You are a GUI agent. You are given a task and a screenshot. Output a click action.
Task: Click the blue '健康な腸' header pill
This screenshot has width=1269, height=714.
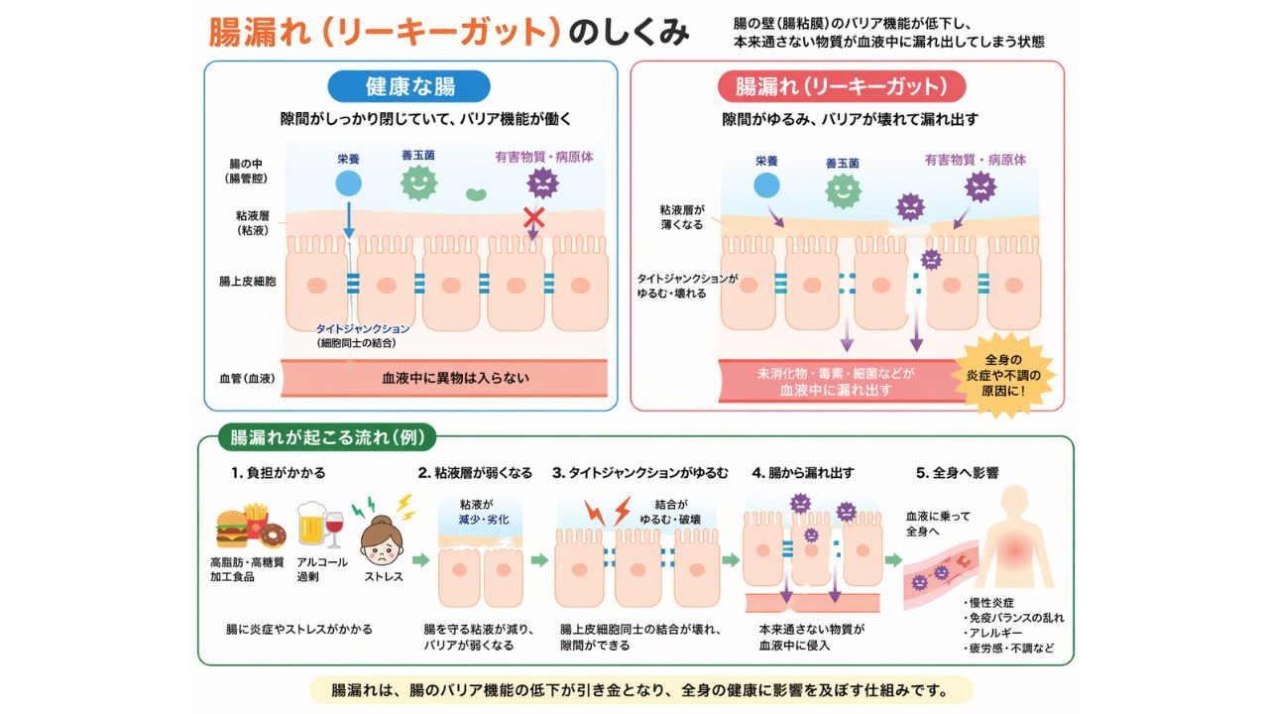coord(409,86)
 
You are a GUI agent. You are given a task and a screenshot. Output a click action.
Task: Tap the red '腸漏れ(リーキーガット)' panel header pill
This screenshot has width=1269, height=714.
coord(841,86)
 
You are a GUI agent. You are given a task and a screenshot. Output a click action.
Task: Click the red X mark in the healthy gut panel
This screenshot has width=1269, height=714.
coord(534,217)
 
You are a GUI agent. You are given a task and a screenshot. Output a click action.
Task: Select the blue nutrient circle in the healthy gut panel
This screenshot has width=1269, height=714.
coord(348,182)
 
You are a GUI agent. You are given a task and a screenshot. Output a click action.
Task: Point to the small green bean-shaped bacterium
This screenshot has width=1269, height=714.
coord(476,194)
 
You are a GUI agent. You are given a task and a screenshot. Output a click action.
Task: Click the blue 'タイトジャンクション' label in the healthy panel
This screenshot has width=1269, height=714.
coord(363,328)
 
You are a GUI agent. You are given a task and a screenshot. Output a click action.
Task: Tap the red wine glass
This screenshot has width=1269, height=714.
coord(335,526)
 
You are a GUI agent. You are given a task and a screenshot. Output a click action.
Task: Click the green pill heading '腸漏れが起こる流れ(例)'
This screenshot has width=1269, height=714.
coord(326,437)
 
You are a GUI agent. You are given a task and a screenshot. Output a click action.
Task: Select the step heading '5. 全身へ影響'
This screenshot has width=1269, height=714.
coord(955,473)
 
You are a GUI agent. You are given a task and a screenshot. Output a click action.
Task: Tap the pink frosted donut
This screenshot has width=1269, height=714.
coord(272,535)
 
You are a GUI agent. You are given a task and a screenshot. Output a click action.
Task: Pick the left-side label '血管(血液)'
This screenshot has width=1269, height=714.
coord(248,378)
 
